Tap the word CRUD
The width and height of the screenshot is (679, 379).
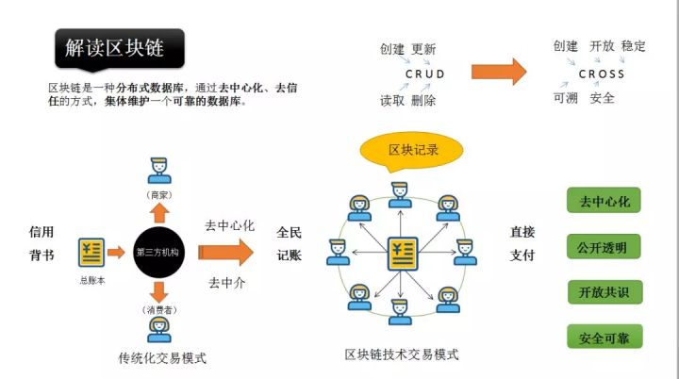point(424,74)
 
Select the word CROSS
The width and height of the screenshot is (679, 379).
point(602,74)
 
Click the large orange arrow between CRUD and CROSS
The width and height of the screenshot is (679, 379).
point(498,73)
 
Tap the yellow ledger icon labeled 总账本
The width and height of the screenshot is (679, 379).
point(91,252)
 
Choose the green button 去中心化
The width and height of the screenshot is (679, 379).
point(604,201)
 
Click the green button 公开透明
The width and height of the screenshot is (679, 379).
point(604,247)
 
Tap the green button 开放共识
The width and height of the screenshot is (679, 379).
point(604,292)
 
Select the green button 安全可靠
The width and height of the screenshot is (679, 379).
point(604,337)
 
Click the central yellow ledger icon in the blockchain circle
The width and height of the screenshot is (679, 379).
point(401,254)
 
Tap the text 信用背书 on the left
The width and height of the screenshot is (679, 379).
point(41,243)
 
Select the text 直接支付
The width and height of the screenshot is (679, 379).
point(522,243)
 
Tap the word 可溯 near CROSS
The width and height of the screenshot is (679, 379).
point(566,97)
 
